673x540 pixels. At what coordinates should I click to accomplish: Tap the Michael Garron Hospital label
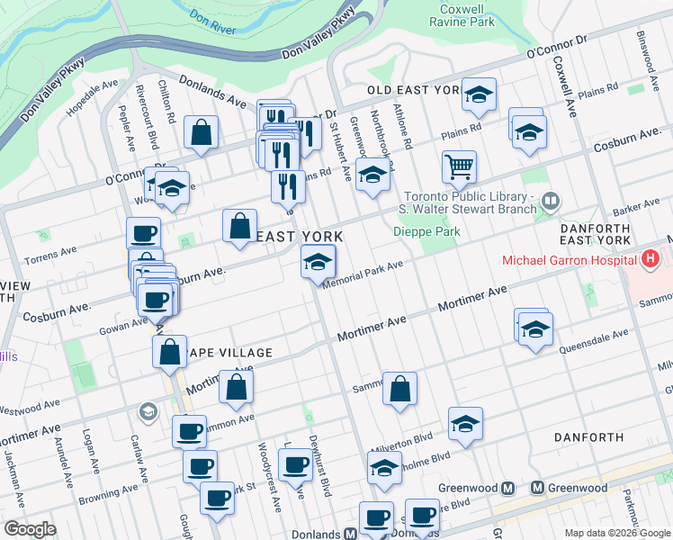pos(569,260)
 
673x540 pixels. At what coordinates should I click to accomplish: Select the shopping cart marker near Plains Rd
pos(459,166)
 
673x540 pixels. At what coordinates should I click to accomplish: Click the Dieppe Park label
pos(426,231)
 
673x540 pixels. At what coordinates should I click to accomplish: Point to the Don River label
pos(213,22)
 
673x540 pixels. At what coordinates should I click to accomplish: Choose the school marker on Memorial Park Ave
pos(318,263)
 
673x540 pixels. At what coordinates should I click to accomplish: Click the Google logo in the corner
pos(30,529)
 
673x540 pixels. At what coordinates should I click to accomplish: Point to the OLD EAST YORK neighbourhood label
pos(413,91)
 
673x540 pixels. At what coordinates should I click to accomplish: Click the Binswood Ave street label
pos(646,54)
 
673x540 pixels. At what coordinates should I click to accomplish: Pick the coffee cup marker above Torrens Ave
pos(143,234)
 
